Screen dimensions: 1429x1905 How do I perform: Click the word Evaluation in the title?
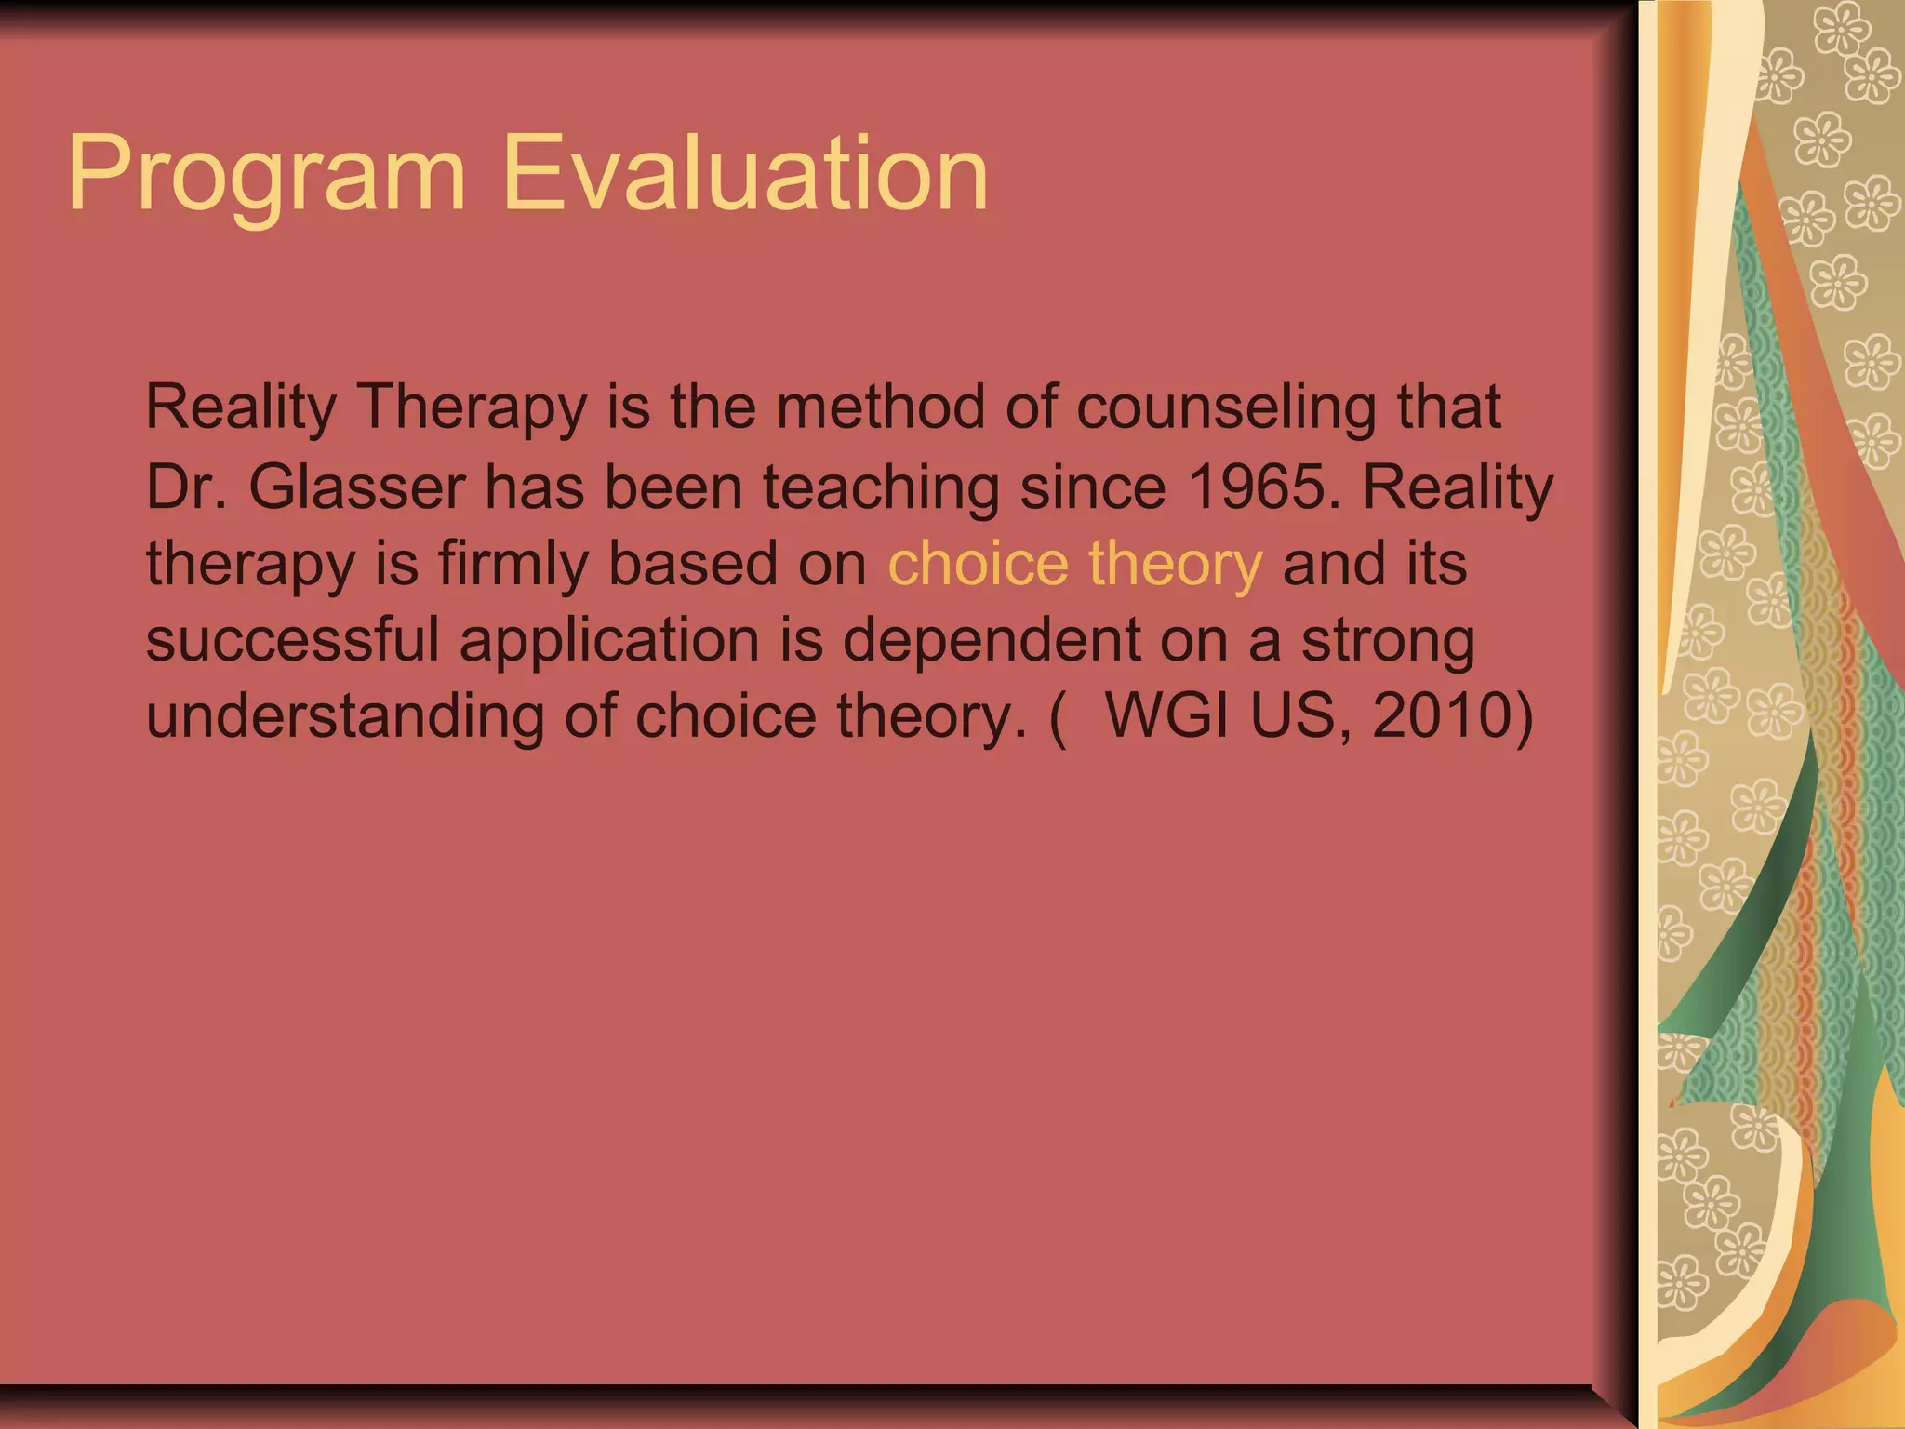tap(745, 175)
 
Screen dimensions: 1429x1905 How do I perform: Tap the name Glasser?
tap(357, 487)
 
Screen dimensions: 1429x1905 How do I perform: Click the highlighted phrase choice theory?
tap(1075, 564)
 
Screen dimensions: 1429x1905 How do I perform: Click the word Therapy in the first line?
tap(473, 409)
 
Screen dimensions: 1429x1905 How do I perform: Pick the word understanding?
tap(345, 718)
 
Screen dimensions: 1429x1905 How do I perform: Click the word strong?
tap(1388, 642)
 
